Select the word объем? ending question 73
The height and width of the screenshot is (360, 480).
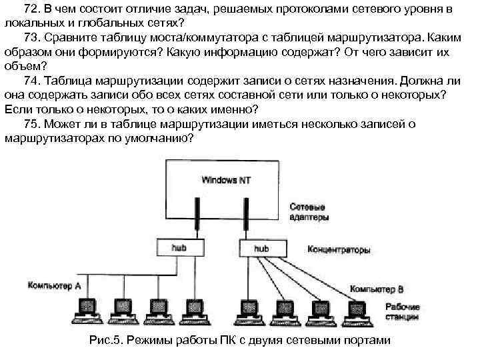[x=24, y=67]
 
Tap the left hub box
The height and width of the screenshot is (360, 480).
[x=179, y=249]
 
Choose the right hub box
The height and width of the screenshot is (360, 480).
[x=262, y=249]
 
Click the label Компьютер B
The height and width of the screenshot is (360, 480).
[x=377, y=289]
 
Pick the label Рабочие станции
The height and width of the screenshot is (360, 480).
[x=402, y=312]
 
